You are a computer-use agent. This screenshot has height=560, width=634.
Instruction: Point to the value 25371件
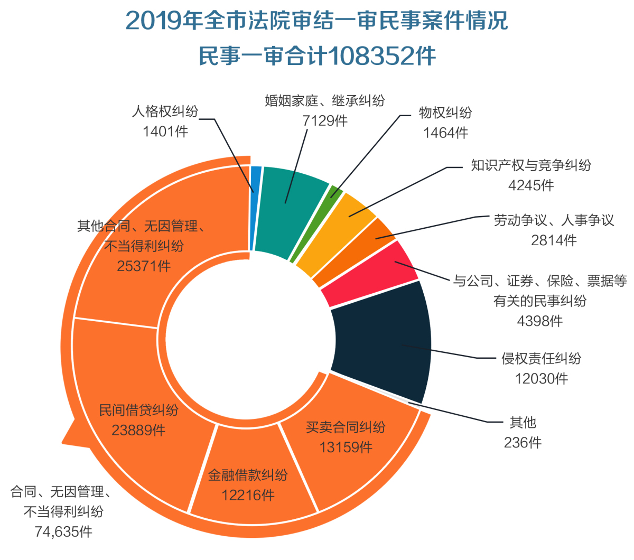144,266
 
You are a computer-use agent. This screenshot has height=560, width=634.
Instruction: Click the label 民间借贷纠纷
139,410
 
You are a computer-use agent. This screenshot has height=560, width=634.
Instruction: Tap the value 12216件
248,495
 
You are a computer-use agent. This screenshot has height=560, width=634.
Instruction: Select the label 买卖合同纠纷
346,427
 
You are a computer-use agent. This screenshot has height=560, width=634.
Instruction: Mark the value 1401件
165,131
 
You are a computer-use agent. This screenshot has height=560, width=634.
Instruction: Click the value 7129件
325,120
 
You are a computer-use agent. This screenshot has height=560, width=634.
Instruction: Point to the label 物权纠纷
445,113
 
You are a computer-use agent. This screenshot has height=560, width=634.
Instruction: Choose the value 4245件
531,185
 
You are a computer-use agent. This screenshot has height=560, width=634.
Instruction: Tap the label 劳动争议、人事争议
554,220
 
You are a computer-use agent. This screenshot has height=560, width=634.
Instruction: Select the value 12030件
542,378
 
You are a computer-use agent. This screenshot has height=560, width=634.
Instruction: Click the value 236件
523,442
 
